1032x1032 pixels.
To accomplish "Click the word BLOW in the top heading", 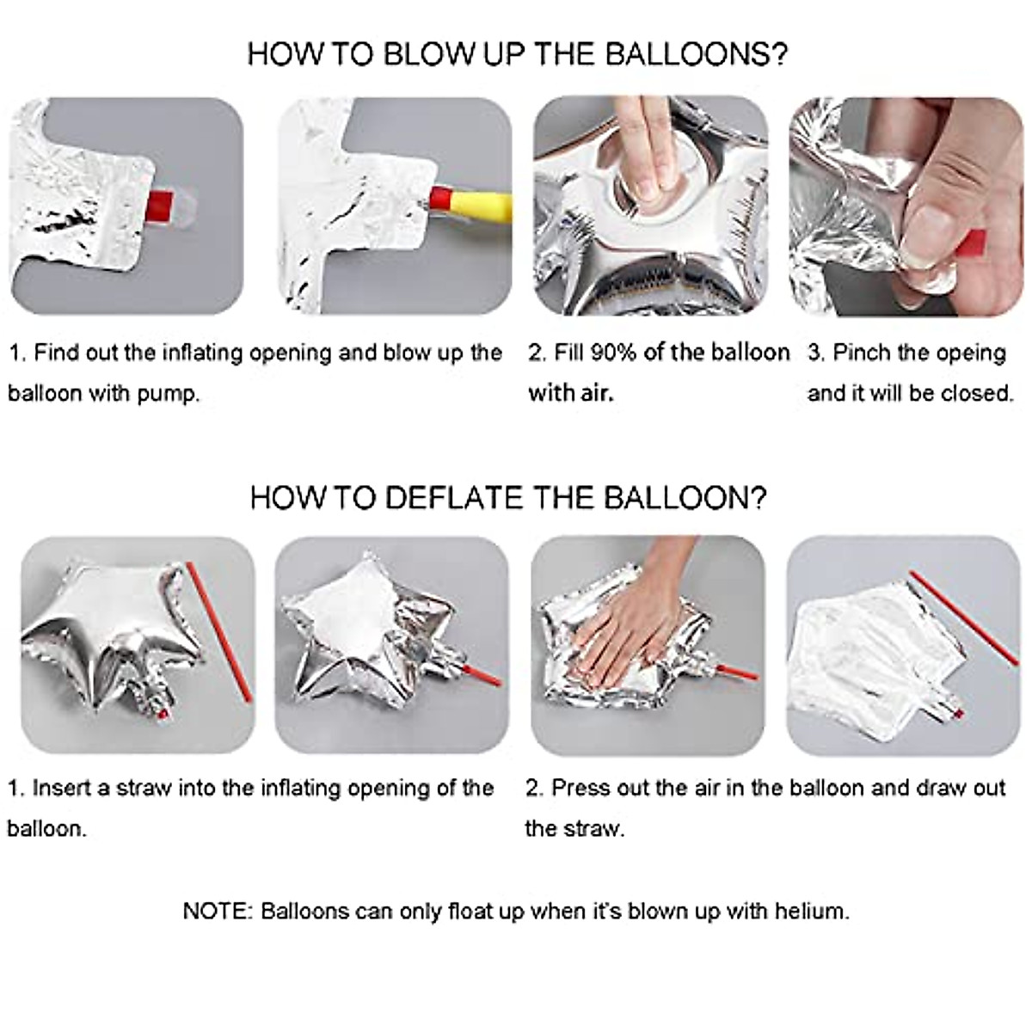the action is click(x=429, y=55).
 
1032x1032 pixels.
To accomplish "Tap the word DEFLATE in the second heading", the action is click(x=453, y=498).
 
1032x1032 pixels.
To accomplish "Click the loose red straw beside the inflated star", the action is click(x=218, y=632).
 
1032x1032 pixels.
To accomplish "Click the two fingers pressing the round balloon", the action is click(x=651, y=161).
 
